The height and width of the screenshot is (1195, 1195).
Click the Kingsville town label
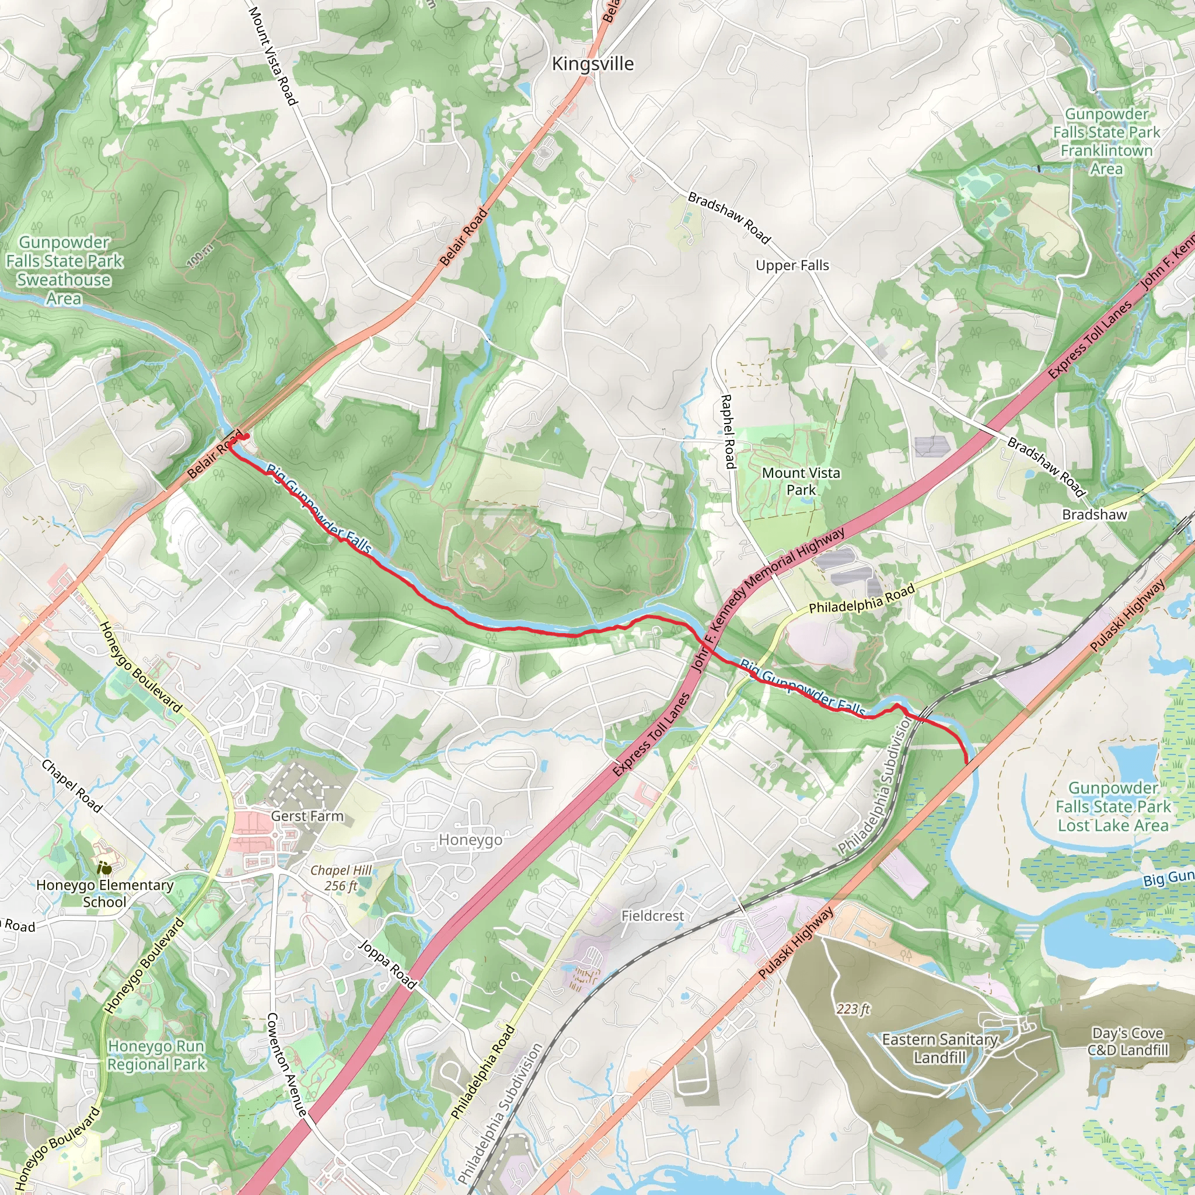(x=593, y=64)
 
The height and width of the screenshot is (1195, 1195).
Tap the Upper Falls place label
(x=792, y=265)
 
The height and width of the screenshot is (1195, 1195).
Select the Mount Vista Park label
(x=801, y=481)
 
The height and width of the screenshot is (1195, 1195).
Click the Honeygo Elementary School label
(x=104, y=893)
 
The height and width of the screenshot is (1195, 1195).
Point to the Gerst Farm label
(x=307, y=816)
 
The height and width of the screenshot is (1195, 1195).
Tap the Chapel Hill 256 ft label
(x=341, y=878)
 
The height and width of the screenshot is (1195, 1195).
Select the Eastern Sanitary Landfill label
(x=939, y=1048)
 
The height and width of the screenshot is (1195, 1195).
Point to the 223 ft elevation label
(x=853, y=1009)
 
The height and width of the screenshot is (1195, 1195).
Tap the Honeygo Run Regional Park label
(x=156, y=1055)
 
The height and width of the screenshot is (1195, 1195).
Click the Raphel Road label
(x=728, y=431)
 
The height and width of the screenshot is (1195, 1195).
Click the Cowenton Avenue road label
(x=286, y=1064)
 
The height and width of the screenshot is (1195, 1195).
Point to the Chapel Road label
(x=72, y=785)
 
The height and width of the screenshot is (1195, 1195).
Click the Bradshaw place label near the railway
(x=1094, y=515)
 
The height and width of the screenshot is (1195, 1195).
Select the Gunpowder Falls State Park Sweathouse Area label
(x=64, y=270)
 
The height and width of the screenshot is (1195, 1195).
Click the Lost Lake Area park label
(x=1113, y=807)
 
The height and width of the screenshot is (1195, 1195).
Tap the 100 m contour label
(x=200, y=256)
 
